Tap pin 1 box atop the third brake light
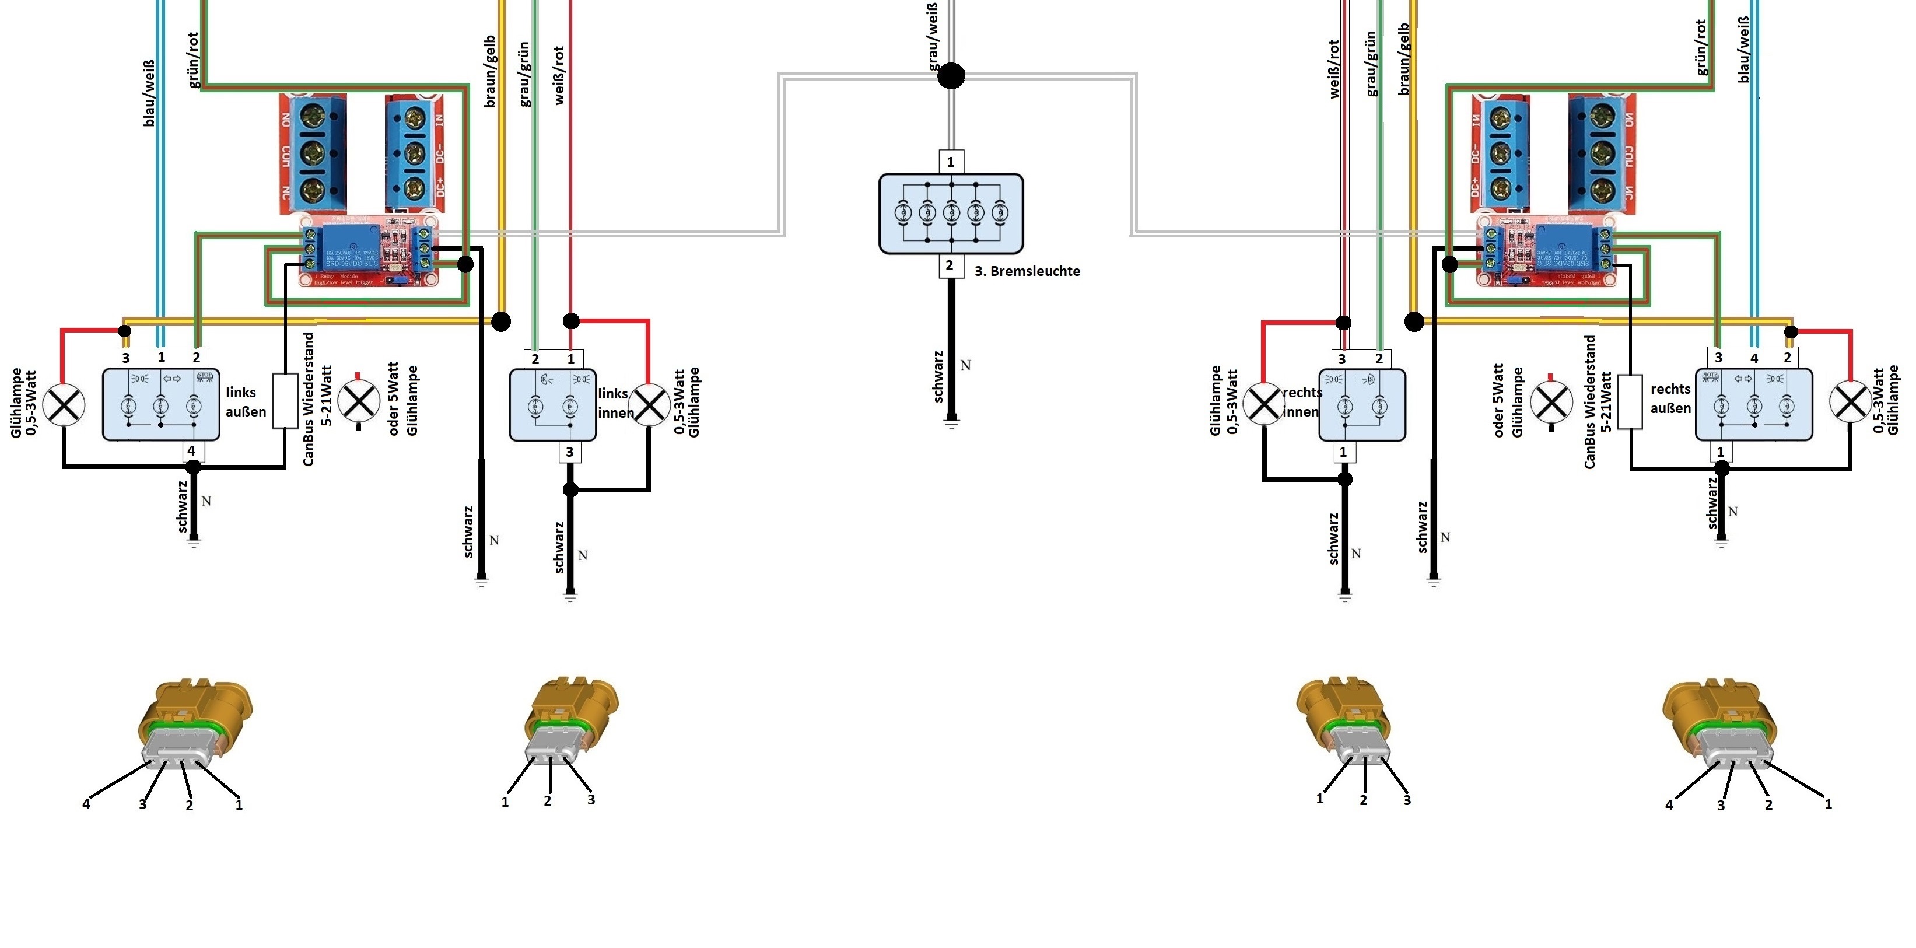[951, 162]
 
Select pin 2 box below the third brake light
[950, 265]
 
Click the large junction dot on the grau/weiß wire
[951, 75]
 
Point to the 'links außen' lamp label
[246, 402]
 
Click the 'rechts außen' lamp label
[1670, 398]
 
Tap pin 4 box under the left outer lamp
[192, 451]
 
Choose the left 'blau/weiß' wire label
[149, 93]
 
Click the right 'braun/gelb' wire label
[1403, 60]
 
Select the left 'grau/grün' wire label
[524, 75]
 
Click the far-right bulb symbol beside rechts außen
[1850, 402]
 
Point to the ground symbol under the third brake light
[951, 424]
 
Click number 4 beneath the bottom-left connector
[86, 804]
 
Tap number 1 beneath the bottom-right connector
[1827, 804]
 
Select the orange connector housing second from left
[571, 707]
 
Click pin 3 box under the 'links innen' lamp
[570, 452]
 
